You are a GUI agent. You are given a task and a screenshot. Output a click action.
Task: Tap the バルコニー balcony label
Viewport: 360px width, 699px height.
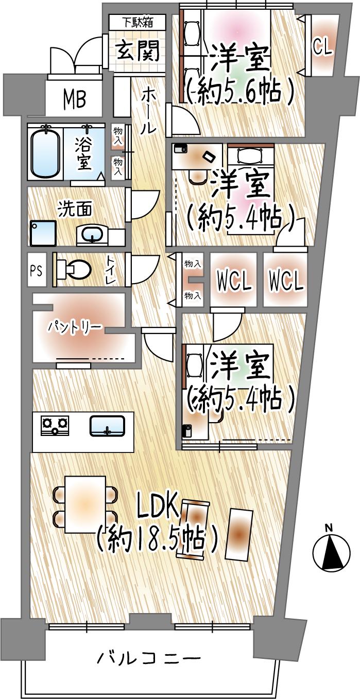148,658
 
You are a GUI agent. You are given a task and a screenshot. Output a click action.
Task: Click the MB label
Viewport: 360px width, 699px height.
75,99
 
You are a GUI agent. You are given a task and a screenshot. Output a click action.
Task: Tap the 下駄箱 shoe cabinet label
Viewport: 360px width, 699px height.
137,22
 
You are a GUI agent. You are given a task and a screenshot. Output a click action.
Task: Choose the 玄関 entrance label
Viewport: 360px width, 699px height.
137,51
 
